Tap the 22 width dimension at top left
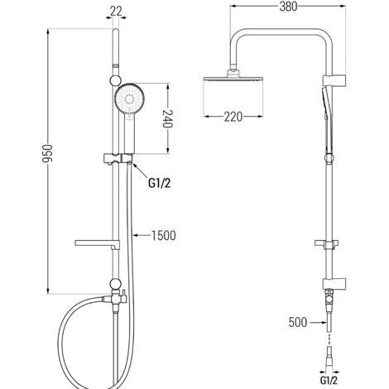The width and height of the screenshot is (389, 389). point(116,11)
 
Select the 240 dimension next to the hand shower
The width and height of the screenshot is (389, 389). point(167,118)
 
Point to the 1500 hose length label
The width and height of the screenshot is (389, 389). point(164,236)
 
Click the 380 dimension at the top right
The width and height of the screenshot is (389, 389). point(288,7)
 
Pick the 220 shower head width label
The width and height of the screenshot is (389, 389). point(233,117)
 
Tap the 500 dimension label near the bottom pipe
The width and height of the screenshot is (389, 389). point(298,322)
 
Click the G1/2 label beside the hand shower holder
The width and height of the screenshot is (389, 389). point(160,183)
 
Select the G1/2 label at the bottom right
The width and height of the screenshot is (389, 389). point(329,381)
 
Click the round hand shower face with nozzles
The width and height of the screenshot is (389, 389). point(130,98)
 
